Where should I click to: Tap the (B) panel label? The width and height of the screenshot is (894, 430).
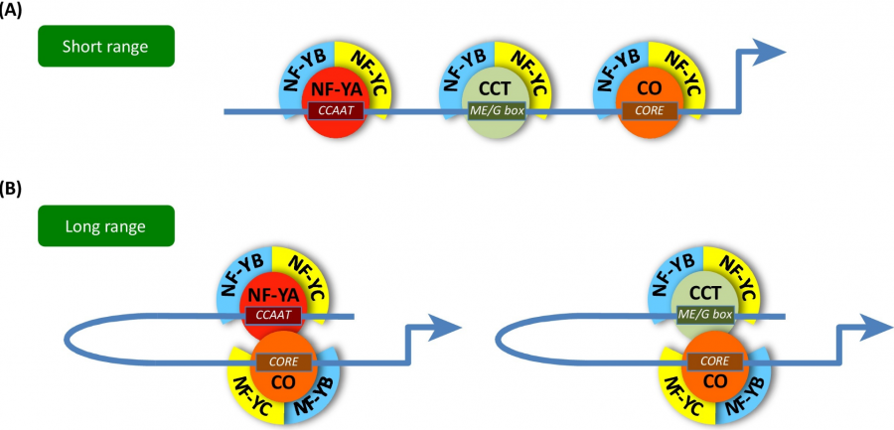[14, 188]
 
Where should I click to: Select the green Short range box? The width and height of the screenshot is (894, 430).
[106, 47]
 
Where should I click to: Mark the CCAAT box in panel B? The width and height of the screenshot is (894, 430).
[272, 315]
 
